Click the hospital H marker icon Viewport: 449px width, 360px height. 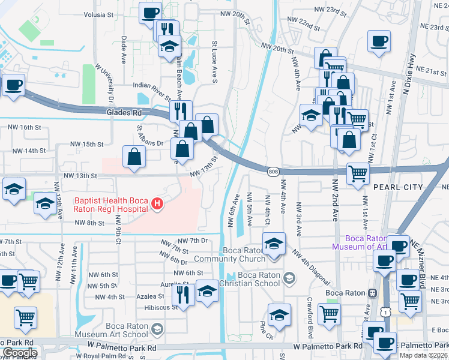click(157, 205)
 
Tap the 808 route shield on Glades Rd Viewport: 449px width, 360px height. click(273, 172)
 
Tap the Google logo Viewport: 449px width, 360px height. click(19, 353)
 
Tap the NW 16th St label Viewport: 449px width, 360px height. click(25, 128)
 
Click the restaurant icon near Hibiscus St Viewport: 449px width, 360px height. click(181, 294)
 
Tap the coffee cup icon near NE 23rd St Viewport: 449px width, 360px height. click(379, 42)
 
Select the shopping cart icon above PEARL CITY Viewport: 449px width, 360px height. click(358, 173)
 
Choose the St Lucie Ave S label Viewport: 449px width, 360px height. click(214, 60)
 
